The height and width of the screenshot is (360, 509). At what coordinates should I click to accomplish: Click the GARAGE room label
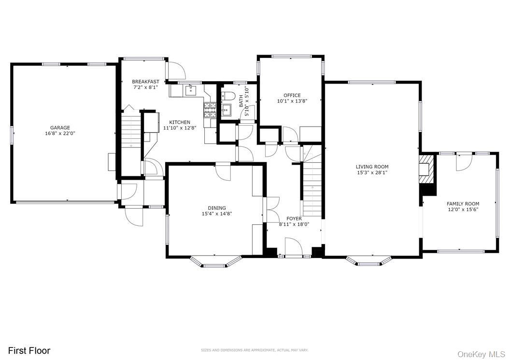coord(61,128)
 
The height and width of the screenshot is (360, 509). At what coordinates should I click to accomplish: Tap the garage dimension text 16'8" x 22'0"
coord(61,133)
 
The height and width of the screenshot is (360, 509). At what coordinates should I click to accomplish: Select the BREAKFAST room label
coord(145,82)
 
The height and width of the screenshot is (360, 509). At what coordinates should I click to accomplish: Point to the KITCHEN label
coord(179,122)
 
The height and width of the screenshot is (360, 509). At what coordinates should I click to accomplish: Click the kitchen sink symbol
coord(191,89)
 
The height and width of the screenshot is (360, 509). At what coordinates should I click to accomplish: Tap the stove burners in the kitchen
coord(209,110)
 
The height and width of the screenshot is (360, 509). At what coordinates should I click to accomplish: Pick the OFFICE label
coord(292,95)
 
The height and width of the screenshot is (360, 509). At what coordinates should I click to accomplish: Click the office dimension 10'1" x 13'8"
coord(292,101)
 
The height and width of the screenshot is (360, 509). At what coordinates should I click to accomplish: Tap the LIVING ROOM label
coord(372,167)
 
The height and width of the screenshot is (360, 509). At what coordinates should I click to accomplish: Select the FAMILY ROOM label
coord(463,204)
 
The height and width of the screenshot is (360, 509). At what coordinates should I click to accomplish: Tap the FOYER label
coord(294,218)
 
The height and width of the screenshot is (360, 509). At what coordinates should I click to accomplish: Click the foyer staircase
coord(312,188)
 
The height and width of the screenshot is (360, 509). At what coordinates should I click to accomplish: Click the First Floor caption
coord(29,350)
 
